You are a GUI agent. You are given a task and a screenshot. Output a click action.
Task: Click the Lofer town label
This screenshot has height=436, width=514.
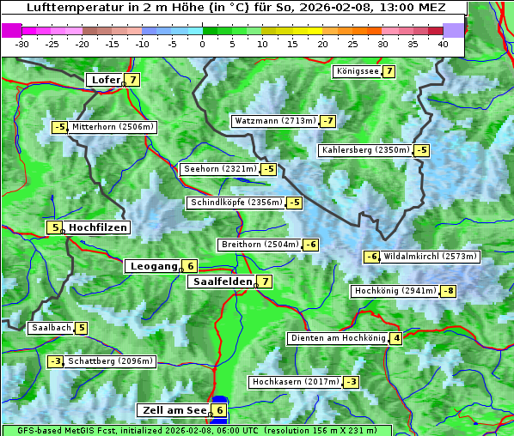pos(105,80)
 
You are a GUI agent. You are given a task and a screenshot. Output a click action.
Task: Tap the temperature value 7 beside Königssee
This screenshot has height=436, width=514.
pos(389,71)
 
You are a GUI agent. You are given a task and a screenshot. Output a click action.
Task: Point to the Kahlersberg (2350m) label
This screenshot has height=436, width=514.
pos(364,150)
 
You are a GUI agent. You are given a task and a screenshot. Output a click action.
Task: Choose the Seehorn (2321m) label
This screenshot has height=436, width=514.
pos(220,169)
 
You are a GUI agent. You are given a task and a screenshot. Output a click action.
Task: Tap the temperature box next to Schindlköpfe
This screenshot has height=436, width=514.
pos(295,203)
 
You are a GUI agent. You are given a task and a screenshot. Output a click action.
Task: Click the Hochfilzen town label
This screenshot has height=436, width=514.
pos(98,227)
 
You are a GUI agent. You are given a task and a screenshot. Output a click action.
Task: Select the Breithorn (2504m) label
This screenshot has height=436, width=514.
pos(259,245)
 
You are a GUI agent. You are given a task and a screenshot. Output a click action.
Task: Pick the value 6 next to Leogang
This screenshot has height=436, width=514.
pos(190,266)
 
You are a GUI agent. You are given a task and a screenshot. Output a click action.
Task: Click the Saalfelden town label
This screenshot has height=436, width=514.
pos(223,282)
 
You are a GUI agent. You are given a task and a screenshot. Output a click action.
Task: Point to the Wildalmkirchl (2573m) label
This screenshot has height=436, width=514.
pos(430,257)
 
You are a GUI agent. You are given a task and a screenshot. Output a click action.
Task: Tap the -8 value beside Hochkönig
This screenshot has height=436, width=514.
pos(449,291)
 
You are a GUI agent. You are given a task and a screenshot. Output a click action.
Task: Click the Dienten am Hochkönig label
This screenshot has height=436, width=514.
pos(337,338)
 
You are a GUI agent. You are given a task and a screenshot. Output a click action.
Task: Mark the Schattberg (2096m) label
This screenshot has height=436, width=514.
pos(111,361)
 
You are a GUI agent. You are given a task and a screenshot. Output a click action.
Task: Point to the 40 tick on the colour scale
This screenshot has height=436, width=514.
pos(443,43)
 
